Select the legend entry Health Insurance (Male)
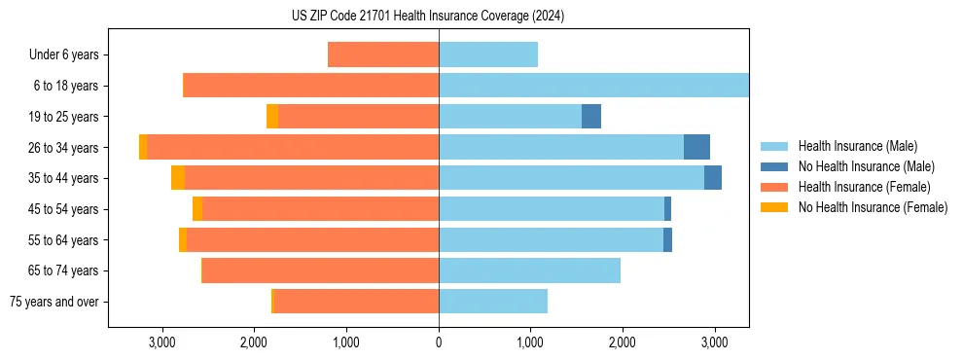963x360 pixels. pos(856,146)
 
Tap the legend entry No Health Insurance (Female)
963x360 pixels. pos(873,207)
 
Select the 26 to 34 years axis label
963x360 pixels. pos(63,148)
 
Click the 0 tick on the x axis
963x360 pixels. pos(439,342)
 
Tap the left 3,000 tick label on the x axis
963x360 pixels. pos(162,342)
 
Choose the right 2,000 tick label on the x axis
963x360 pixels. pos(623,342)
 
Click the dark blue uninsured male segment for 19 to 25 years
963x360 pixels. pos(591,117)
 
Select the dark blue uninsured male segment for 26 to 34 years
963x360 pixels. pos(696,147)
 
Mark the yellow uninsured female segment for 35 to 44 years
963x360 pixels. pos(177,178)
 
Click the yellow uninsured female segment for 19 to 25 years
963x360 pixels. pos(272,117)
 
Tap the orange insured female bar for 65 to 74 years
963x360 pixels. pos(321,270)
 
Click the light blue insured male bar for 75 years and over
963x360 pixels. pos(493,302)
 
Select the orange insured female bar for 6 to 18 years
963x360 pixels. pos(311,86)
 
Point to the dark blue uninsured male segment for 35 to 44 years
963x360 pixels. pos(713,178)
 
